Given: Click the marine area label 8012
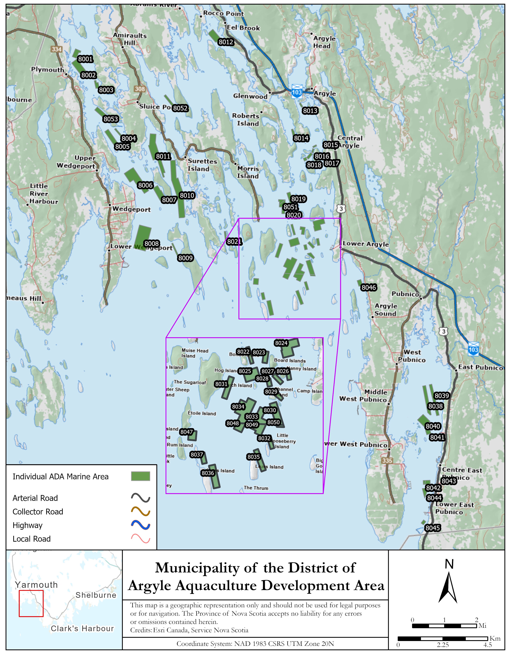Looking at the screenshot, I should (x=226, y=42).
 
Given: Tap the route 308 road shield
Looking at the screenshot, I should (x=140, y=89).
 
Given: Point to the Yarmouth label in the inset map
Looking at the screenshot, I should (x=36, y=585).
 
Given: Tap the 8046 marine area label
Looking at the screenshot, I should (x=369, y=287).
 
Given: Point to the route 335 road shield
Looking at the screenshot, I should (x=387, y=460).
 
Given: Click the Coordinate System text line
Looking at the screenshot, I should (x=255, y=644).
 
